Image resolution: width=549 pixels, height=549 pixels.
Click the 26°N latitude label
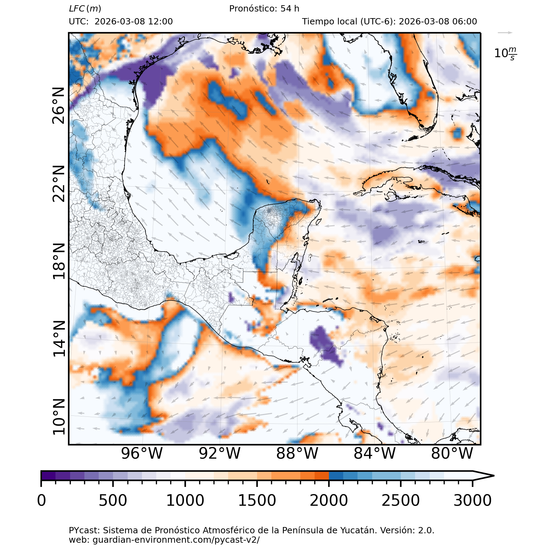(59, 106)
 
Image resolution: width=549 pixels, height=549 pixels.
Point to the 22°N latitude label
(59, 183)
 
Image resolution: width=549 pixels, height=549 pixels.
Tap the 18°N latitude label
(59, 261)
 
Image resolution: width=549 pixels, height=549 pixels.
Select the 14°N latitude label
(59, 339)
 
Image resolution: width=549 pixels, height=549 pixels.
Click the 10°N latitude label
(59, 417)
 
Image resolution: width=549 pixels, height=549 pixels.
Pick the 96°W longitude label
(142, 453)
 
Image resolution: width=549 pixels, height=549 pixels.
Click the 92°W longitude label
(220, 453)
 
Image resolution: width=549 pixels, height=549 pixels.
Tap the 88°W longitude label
(297, 453)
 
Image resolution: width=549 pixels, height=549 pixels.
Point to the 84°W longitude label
(375, 453)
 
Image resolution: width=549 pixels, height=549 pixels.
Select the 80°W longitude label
(452, 453)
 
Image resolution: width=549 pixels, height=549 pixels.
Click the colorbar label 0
(42, 501)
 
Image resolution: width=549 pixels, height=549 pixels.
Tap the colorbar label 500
(113, 501)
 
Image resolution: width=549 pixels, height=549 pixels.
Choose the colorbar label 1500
(257, 501)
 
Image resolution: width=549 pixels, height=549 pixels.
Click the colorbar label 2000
(329, 501)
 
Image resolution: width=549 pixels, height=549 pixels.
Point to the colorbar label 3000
(472, 501)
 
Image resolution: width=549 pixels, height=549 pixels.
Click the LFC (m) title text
(85, 9)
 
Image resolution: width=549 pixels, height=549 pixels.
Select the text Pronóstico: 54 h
(264, 9)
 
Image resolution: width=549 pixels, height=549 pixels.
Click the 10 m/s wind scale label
(505, 53)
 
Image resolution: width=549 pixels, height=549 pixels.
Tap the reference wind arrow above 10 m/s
(505, 33)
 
